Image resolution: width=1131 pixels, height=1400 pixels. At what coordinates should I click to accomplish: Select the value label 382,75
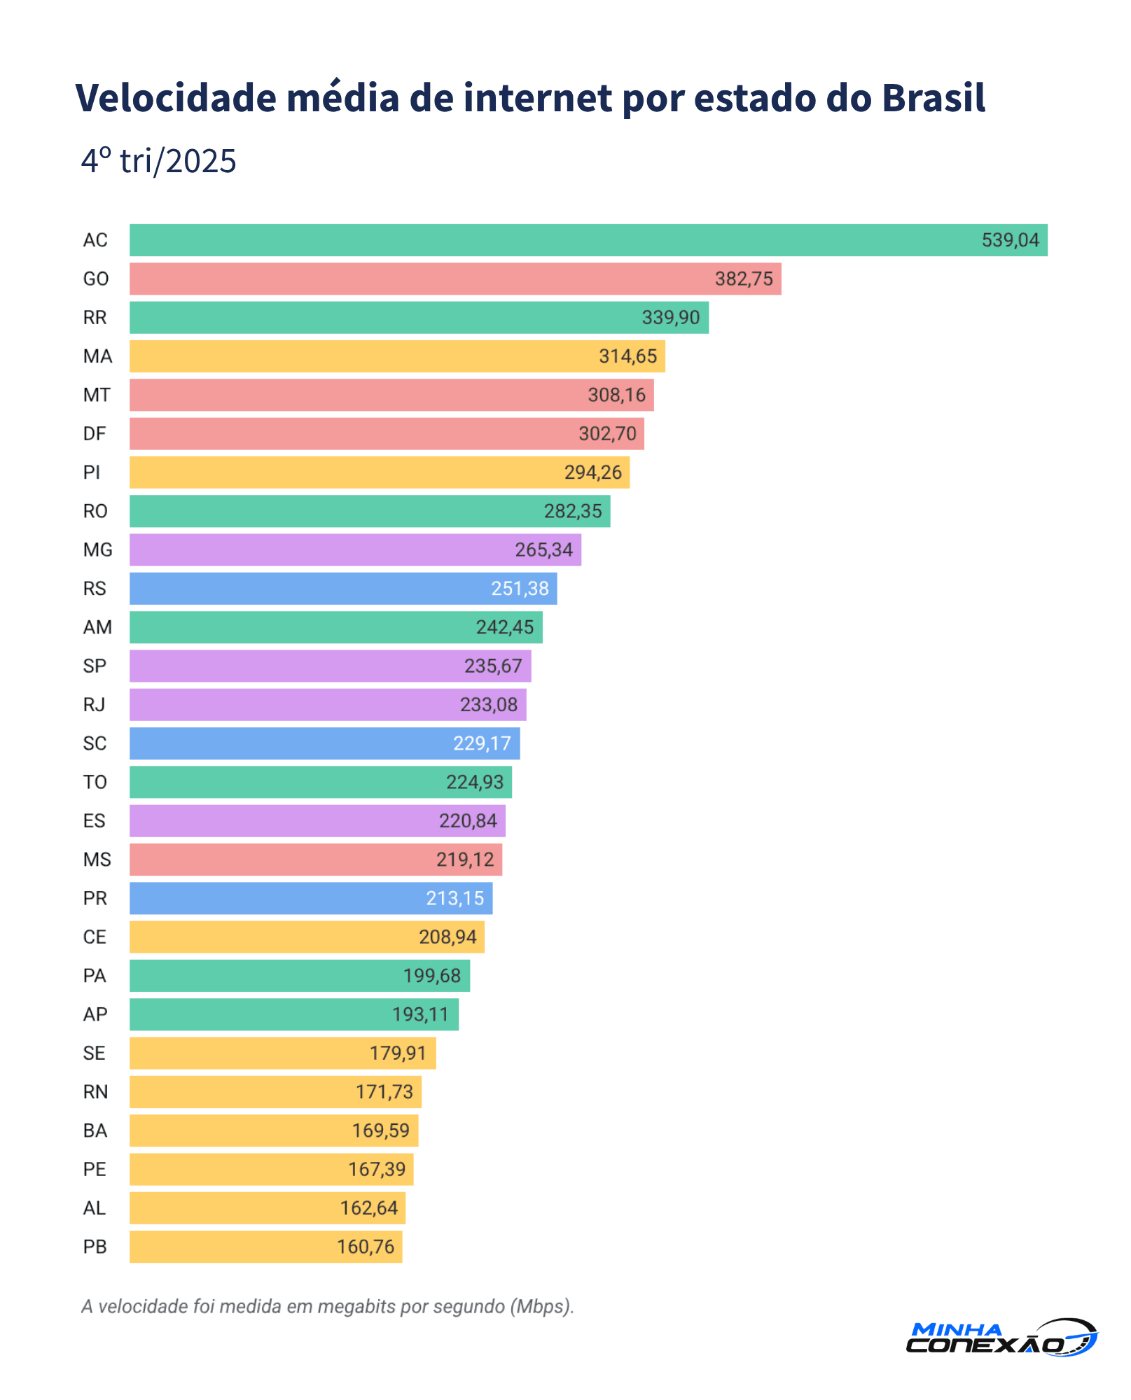point(743,279)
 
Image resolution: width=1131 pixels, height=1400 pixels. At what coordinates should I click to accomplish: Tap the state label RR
point(95,318)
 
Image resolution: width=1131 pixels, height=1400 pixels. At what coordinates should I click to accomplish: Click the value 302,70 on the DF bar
point(607,434)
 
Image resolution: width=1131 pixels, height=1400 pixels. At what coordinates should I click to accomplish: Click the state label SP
point(95,666)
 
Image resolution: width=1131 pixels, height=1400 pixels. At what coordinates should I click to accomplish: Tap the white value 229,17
point(482,743)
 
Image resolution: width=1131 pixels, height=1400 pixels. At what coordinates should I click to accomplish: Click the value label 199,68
point(431,976)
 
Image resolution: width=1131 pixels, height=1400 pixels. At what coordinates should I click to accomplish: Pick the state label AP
point(95,1014)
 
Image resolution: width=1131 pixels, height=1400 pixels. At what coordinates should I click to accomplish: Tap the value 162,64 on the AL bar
point(368,1208)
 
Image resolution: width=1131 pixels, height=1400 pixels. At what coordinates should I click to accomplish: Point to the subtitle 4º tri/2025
point(158,161)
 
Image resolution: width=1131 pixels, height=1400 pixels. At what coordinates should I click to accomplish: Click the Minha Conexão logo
point(1001,1338)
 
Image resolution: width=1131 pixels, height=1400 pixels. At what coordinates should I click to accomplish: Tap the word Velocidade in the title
point(176,97)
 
